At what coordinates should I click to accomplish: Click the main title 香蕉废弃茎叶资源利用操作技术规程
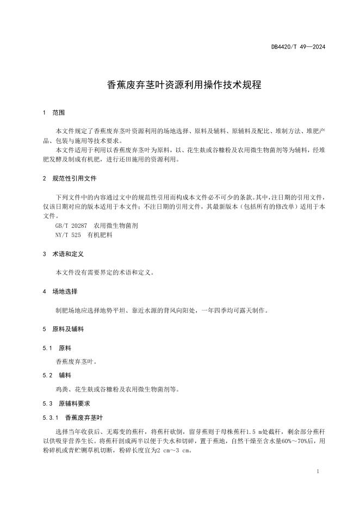180,85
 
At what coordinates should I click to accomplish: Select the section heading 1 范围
54,113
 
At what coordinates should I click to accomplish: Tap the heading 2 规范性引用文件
70,178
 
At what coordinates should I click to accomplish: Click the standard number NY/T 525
68,235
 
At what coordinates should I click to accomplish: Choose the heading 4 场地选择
60,291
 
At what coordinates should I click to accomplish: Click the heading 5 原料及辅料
63,329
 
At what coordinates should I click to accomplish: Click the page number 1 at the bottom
318,471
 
